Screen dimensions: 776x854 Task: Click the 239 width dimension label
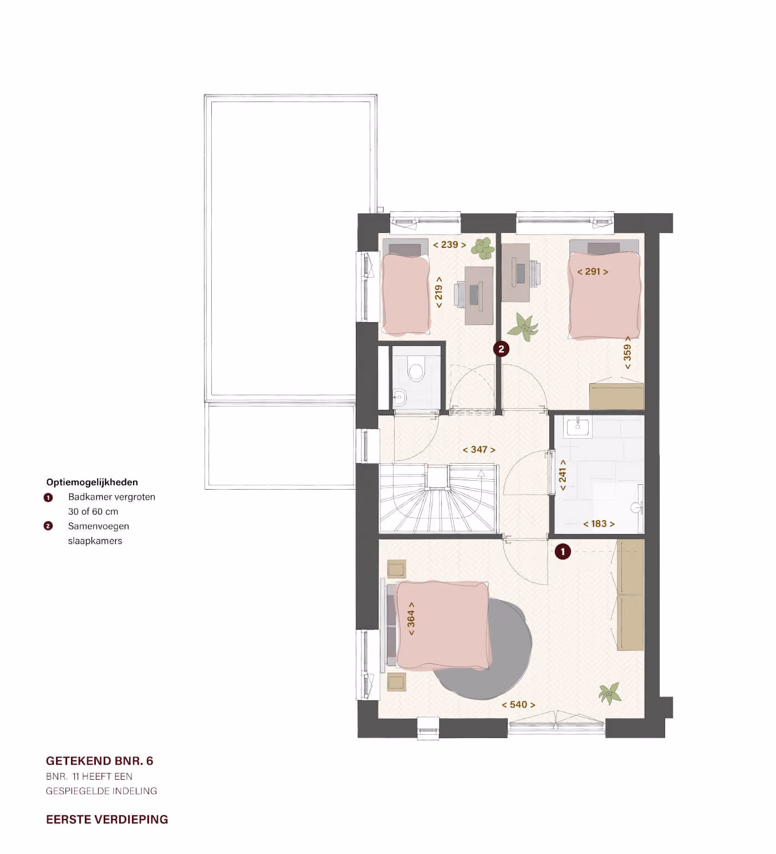coord(450,245)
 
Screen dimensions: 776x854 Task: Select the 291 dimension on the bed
coord(593,272)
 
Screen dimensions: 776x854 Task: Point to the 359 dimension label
coord(627,352)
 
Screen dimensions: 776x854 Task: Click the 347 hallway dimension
coord(479,450)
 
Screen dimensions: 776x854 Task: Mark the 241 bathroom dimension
coord(563,475)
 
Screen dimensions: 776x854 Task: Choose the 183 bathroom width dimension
coord(599,523)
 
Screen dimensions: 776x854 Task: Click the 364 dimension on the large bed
coord(411,618)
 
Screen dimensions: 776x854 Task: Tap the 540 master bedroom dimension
coord(518,705)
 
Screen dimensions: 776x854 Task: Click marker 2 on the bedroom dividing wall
coord(502,349)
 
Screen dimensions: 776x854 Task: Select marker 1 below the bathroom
coord(563,552)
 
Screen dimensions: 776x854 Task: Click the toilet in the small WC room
coord(416,369)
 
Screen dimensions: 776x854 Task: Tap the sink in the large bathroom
coord(578,426)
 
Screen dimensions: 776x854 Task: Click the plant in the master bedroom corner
coord(609,694)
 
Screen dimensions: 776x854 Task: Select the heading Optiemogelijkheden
coord(92,482)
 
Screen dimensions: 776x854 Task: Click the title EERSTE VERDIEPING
coord(107,820)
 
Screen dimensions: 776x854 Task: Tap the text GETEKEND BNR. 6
coord(100,761)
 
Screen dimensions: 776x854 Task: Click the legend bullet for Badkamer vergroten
coord(48,497)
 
